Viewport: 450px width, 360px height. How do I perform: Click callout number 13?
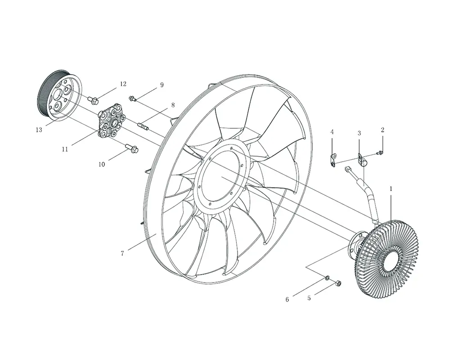click(x=39, y=130)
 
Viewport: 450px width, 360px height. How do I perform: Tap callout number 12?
click(x=123, y=84)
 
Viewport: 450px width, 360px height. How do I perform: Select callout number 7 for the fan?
click(x=122, y=253)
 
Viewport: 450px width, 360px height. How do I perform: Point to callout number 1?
click(x=391, y=189)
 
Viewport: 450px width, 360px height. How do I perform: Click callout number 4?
click(x=332, y=132)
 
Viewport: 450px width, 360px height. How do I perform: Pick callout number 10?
click(x=102, y=165)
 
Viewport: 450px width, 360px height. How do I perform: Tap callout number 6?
click(x=287, y=300)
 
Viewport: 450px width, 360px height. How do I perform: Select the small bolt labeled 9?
click(x=132, y=99)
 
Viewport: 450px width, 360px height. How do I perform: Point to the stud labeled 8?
click(x=143, y=126)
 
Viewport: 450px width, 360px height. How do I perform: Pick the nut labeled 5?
click(x=338, y=283)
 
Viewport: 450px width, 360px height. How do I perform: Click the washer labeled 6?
click(x=327, y=278)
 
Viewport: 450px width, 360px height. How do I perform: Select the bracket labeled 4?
click(x=333, y=160)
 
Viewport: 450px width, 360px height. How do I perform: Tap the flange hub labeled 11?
click(x=112, y=121)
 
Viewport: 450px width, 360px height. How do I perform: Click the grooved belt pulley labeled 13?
click(x=59, y=95)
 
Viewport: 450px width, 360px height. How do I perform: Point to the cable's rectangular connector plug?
click(x=347, y=171)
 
